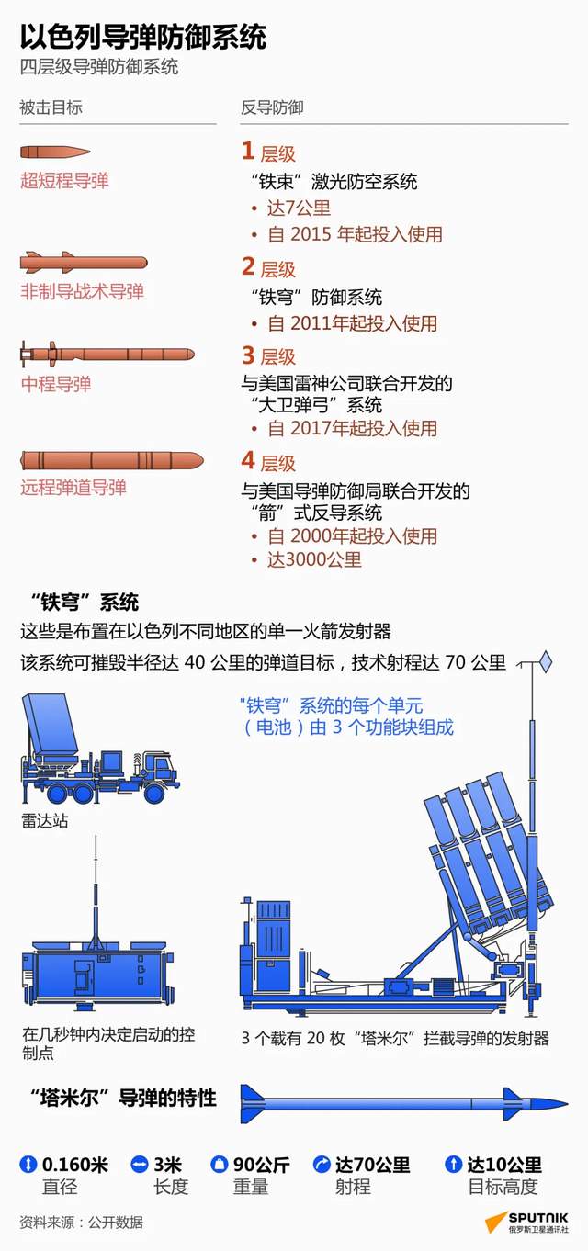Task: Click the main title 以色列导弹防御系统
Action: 143,38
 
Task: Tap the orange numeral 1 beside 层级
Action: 248,152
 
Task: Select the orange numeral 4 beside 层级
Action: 248,461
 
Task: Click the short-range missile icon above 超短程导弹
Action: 55,152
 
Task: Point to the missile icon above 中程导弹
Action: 107,354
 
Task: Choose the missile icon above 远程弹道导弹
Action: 112,460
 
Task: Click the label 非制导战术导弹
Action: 82,291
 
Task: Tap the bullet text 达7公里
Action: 299,208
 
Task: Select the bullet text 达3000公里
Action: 314,559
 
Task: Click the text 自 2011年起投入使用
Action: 353,323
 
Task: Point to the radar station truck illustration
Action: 99,749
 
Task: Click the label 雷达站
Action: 45,820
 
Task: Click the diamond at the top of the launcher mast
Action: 546,661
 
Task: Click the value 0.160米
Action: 74,1165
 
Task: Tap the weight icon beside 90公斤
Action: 219,1165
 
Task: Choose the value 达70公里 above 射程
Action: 372,1165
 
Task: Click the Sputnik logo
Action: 526,1223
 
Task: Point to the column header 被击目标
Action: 51,107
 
